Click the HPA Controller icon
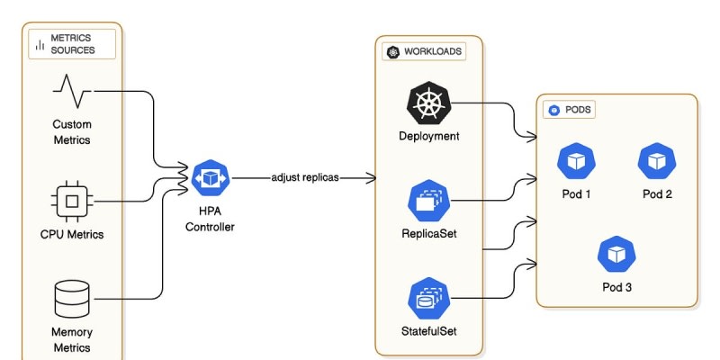(210, 178)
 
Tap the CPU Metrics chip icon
(72, 202)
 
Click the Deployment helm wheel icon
(429, 103)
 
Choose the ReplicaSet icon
(429, 201)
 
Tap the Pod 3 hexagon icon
(616, 255)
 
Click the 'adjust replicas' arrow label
(305, 177)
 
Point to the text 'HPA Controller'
(210, 220)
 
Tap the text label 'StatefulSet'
(429, 331)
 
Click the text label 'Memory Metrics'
(72, 340)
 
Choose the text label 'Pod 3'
(616, 287)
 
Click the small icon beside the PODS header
(554, 111)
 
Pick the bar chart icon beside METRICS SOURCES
(40, 44)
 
